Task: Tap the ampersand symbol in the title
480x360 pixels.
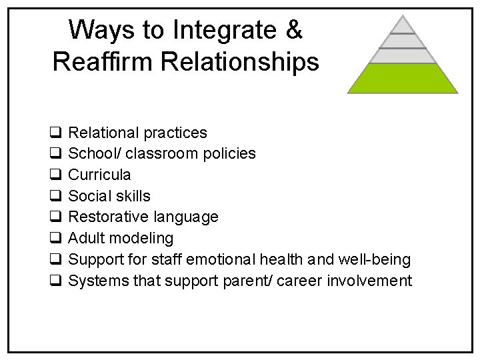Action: [x=293, y=29]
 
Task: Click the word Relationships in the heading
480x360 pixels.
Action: [x=251, y=62]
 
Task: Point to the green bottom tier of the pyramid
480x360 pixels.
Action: [x=403, y=79]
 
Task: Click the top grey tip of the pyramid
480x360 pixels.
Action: [x=403, y=25]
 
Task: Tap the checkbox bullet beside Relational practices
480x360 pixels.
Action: [x=56, y=133]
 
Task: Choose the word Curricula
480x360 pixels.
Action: [x=100, y=175]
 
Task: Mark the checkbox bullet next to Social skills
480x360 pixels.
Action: [x=56, y=196]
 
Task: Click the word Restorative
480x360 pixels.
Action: [x=109, y=217]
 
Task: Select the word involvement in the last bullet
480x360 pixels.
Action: [x=369, y=281]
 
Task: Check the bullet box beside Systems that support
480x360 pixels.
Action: [x=56, y=281]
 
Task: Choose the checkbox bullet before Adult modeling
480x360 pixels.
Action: [x=56, y=238]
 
